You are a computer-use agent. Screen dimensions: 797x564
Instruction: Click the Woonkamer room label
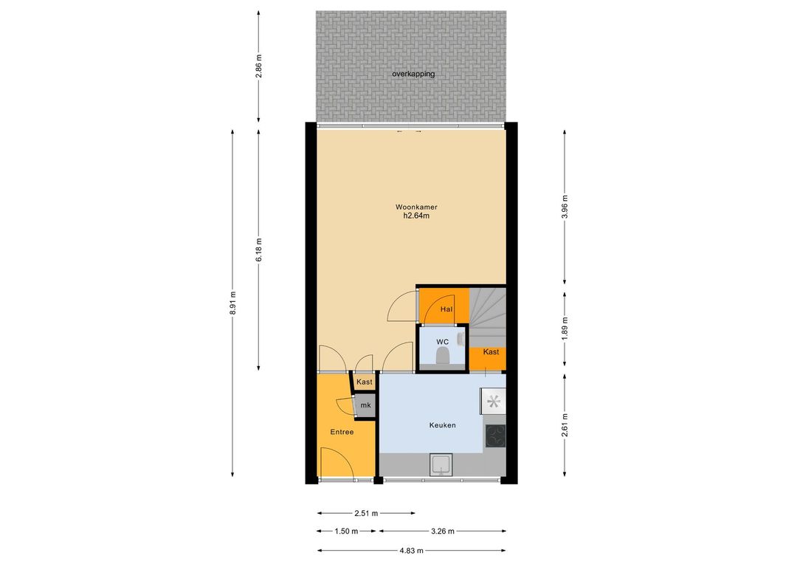416,207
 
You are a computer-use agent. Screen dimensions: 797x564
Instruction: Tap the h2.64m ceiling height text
416,216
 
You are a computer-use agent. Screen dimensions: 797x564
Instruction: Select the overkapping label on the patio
413,74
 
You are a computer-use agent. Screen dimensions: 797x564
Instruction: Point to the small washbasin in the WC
461,339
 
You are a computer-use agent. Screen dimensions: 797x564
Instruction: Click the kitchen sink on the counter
441,465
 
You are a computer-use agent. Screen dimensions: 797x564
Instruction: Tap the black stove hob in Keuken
495,436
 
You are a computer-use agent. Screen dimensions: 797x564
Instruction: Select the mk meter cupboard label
365,406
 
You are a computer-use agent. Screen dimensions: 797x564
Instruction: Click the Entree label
342,432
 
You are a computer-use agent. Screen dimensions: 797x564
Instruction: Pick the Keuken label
442,425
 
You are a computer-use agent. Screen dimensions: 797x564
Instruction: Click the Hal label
446,309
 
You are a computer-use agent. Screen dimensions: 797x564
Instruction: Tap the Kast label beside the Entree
364,382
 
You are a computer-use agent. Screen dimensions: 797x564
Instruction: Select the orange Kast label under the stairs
491,351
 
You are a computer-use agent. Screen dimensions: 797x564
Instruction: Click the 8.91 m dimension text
232,303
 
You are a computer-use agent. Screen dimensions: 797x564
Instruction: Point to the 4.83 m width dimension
411,550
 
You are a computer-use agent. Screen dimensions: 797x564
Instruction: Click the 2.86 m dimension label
259,66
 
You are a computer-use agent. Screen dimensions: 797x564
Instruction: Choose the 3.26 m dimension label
442,532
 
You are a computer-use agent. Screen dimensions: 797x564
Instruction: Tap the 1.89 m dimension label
565,329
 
